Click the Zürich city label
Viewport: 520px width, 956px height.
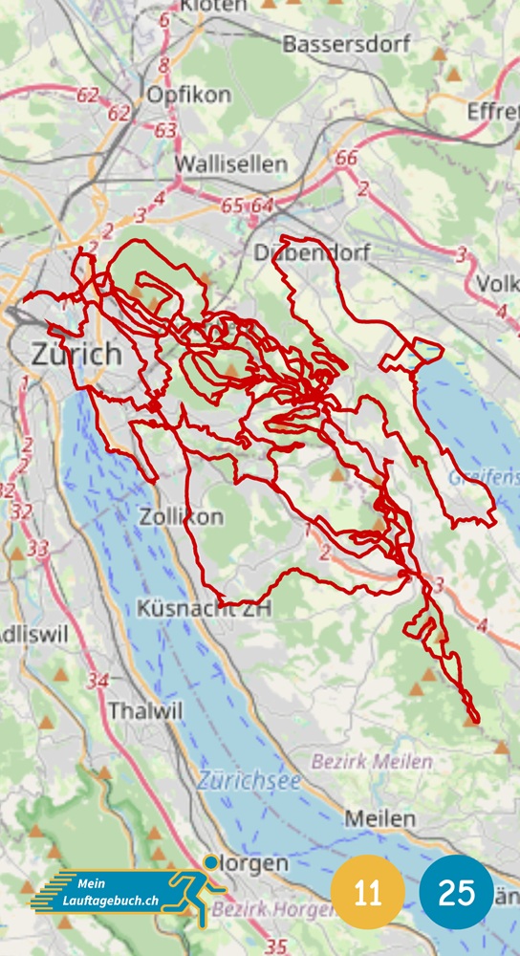76,354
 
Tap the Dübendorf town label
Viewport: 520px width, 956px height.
312,252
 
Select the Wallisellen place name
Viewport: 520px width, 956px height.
230,164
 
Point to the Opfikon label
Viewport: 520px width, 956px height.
188,96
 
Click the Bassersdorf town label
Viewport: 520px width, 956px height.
346,44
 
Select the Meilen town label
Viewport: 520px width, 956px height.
379,819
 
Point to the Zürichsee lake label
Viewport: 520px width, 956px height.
249,781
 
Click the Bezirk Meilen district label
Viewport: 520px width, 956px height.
371,762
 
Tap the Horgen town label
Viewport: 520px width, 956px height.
253,863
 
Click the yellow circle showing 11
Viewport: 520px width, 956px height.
367,893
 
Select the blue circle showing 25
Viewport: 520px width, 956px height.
457,893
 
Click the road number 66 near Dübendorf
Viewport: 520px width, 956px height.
347,159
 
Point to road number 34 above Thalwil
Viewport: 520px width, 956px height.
97,681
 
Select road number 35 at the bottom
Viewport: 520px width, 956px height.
275,945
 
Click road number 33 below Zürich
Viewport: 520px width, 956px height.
38,549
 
